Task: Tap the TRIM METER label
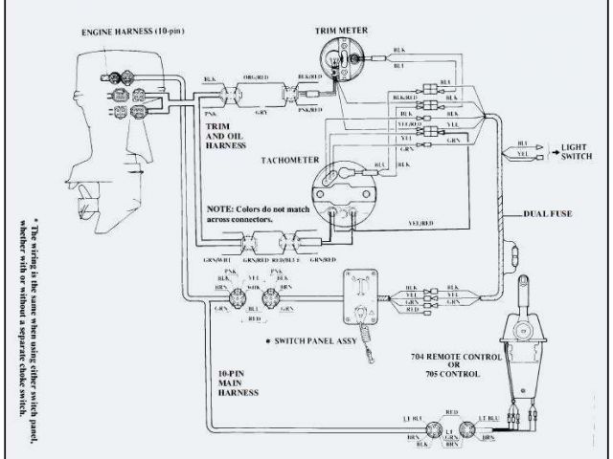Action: click(x=343, y=30)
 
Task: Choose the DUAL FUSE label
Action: click(x=548, y=213)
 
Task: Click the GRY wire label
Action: click(x=261, y=111)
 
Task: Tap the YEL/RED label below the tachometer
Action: click(x=421, y=223)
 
